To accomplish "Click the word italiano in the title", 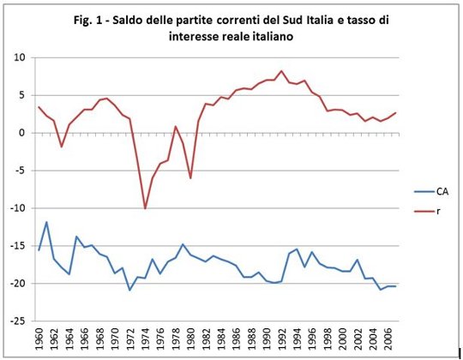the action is pyautogui.click(x=272, y=36).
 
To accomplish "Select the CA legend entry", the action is pyautogui.click(x=431, y=191).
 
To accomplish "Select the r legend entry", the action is pyautogui.click(x=427, y=211).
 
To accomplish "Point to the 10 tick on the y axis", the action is pyautogui.click(x=20, y=57).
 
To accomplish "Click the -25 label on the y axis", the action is pyautogui.click(x=18, y=321).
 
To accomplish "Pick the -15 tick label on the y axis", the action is pyautogui.click(x=18, y=246).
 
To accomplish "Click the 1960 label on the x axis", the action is pyautogui.click(x=39, y=338).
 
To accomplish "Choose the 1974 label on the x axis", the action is pyautogui.click(x=145, y=338).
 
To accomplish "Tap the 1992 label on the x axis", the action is pyautogui.click(x=282, y=338).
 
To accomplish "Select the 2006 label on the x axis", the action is pyautogui.click(x=388, y=338).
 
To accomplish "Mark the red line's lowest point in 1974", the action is pyautogui.click(x=145, y=208).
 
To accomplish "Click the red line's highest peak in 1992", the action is pyautogui.click(x=281, y=71).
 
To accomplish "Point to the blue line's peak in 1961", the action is pyautogui.click(x=46, y=222).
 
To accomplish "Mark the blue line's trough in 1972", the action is pyautogui.click(x=129, y=290).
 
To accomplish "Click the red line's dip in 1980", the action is pyautogui.click(x=190, y=178).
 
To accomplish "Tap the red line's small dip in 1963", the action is pyautogui.click(x=62, y=147).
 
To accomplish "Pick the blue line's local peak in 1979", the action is pyautogui.click(x=183, y=244).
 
